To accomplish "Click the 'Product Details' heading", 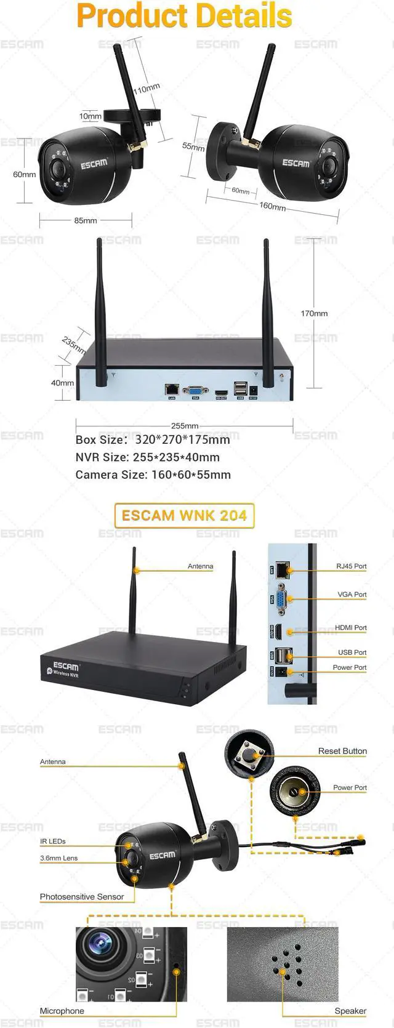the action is click(185, 16).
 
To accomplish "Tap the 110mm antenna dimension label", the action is click(147, 89).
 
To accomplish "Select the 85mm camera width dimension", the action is click(86, 220).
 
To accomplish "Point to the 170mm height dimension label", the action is click(314, 313).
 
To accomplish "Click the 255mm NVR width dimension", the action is click(185, 425).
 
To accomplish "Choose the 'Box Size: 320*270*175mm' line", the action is click(153, 440).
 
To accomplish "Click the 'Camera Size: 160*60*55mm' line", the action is click(153, 475).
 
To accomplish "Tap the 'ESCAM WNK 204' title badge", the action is click(184, 515).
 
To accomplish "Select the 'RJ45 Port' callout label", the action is click(351, 566).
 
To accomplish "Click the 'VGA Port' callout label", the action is click(352, 594).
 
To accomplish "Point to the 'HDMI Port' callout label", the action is click(350, 627).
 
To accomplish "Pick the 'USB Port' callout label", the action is click(352, 652).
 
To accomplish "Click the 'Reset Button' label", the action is click(342, 751).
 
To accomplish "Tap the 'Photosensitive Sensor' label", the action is click(82, 897).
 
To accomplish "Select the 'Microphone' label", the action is click(62, 1011).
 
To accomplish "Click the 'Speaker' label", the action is click(350, 1011).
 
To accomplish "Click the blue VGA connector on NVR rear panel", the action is click(195, 390).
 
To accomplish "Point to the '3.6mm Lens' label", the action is click(59, 858).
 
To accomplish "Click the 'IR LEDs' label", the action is click(53, 841).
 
